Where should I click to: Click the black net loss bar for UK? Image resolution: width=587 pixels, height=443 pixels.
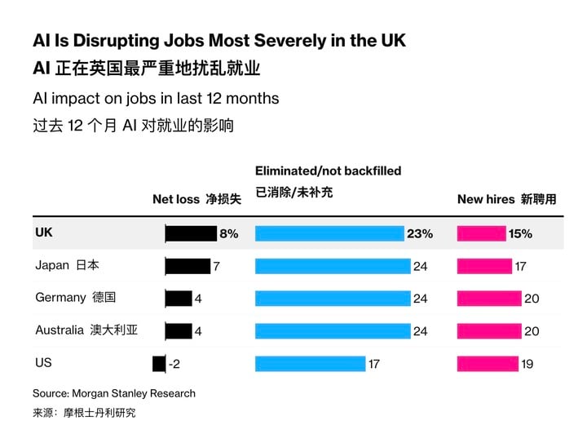point(191,234)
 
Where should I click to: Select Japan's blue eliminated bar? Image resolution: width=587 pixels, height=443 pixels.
point(333,266)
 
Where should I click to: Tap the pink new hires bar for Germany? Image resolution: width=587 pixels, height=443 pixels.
point(488,299)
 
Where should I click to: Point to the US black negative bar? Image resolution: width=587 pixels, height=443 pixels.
point(159,364)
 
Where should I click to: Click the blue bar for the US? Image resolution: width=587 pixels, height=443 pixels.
point(310,364)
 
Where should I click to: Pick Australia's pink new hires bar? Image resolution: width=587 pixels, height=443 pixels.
point(488,331)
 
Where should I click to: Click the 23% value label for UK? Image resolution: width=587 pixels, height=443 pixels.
point(420,234)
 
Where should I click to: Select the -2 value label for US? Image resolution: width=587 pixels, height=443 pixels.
point(174,365)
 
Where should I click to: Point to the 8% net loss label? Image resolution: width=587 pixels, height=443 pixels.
point(228,234)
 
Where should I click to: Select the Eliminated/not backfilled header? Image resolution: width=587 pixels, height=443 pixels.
point(328,171)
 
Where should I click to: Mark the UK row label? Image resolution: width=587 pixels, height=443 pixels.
point(44,233)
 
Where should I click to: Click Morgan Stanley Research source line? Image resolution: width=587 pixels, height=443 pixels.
point(114,393)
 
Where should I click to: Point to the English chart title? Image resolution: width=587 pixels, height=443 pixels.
point(218,41)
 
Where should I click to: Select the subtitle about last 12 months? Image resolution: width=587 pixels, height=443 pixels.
point(156,99)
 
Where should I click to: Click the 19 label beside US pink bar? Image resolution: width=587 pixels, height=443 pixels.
point(527,365)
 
